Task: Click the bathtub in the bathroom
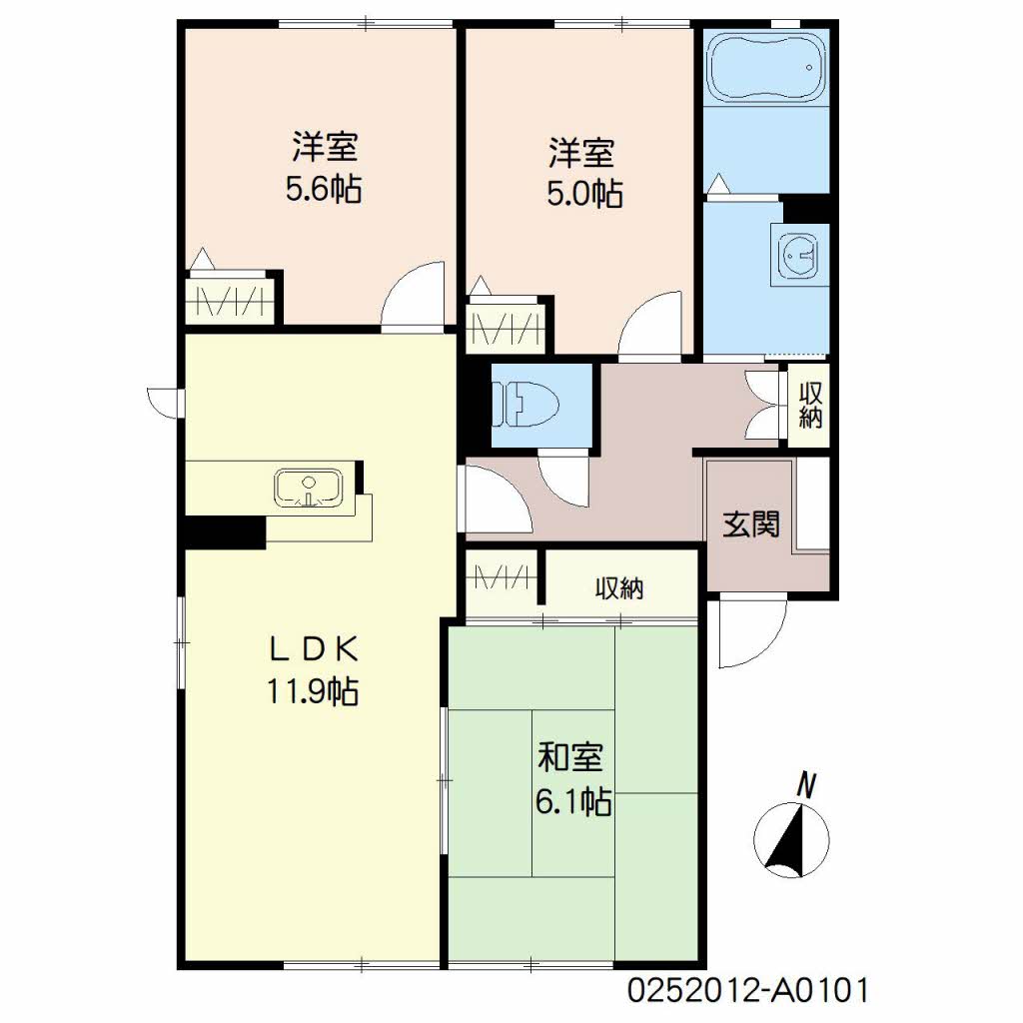pyautogui.click(x=767, y=68)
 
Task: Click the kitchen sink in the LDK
pyautogui.click(x=308, y=488)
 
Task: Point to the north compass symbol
pyautogui.click(x=791, y=839)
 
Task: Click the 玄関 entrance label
pyautogui.click(x=751, y=523)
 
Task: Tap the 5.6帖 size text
pyautogui.click(x=324, y=189)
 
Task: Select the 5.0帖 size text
pyautogui.click(x=584, y=193)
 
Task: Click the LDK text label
pyautogui.click(x=314, y=649)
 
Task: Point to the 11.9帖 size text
pyautogui.click(x=312, y=691)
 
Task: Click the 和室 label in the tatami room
pyautogui.click(x=570, y=757)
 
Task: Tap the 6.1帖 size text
pyautogui.click(x=573, y=801)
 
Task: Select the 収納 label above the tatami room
pyautogui.click(x=619, y=588)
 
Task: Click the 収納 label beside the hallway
pyautogui.click(x=810, y=406)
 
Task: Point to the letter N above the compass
pyautogui.click(x=807, y=785)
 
